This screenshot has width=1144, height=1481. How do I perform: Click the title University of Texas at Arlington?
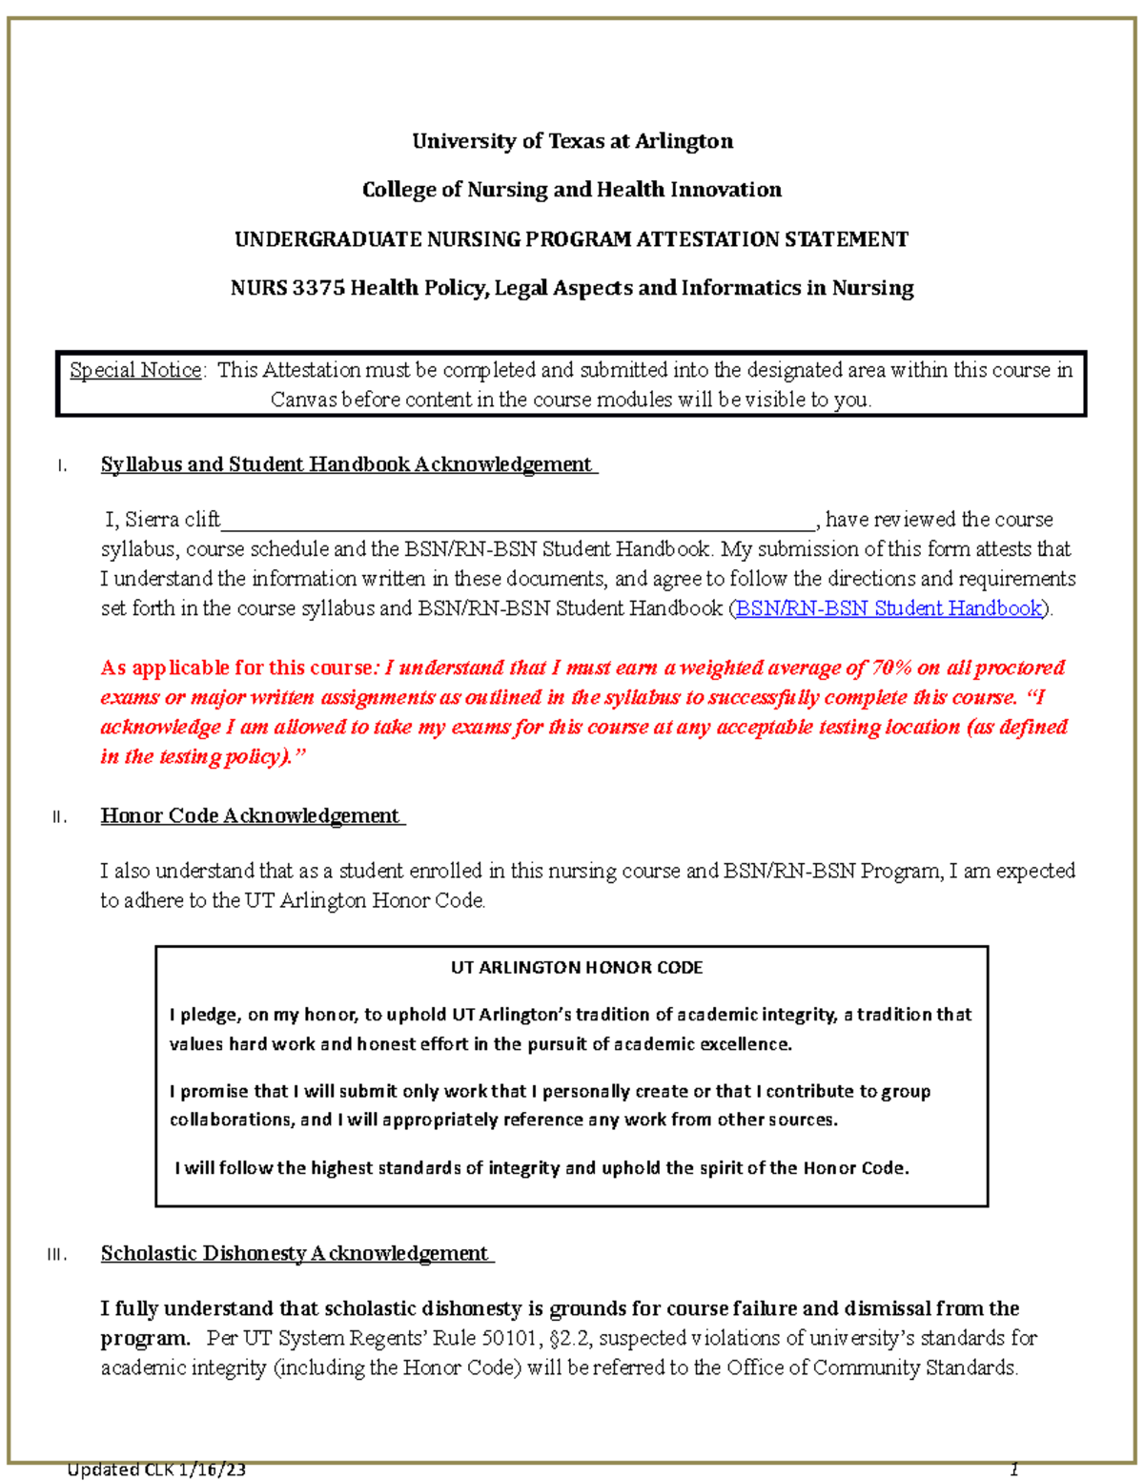click(572, 141)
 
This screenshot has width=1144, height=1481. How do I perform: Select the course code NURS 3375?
click(287, 288)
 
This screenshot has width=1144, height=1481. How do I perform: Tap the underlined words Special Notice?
click(135, 370)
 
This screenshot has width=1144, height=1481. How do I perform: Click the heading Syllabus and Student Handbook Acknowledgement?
click(347, 464)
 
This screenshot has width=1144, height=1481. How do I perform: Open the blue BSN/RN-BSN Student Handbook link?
click(889, 608)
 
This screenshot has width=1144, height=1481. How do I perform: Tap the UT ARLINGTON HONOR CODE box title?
click(576, 967)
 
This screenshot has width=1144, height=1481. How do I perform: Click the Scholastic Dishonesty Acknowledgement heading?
click(296, 1253)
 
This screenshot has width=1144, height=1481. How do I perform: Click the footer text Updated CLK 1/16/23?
click(156, 1470)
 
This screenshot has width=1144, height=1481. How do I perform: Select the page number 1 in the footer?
click(1014, 1470)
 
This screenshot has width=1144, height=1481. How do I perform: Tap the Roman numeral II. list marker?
click(59, 817)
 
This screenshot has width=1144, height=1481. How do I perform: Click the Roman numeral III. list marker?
click(56, 1255)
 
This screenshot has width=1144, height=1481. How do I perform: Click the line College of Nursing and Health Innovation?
click(572, 190)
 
